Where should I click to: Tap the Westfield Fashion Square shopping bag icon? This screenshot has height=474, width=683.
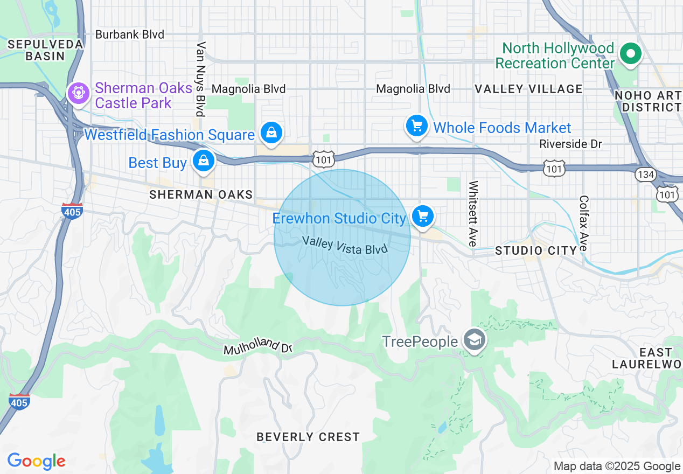[271, 132]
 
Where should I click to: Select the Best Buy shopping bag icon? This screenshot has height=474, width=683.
[204, 161]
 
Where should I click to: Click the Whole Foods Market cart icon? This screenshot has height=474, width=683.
[416, 127]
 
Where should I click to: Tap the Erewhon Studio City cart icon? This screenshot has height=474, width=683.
[423, 217]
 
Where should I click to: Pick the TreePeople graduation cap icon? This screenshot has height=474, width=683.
[475, 340]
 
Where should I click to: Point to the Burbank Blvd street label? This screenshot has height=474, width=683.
[129, 34]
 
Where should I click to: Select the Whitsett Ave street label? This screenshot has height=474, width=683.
[473, 214]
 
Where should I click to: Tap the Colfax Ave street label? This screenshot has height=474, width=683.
[584, 224]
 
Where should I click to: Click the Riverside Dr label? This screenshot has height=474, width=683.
[570, 144]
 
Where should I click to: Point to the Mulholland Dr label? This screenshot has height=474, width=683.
[257, 347]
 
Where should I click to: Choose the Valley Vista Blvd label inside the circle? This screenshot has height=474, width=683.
[345, 245]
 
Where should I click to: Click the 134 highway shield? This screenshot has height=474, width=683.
[645, 174]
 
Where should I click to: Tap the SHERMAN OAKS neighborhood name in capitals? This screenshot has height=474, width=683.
[201, 194]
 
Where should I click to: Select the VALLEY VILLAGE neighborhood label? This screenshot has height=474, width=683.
[528, 89]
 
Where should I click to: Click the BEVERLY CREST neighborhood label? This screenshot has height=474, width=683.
[308, 437]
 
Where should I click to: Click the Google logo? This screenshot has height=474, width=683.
[36, 461]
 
